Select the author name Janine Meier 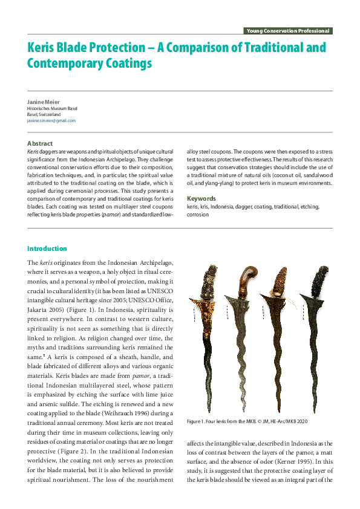pyautogui.click(x=42, y=102)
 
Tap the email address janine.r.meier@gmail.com pyautogui.click(x=51, y=120)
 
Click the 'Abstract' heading pyautogui.click(x=40, y=143)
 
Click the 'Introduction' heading pyautogui.click(x=47, y=248)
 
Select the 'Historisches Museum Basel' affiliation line pyautogui.click(x=52, y=108)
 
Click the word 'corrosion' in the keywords pyautogui.click(x=198, y=214)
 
